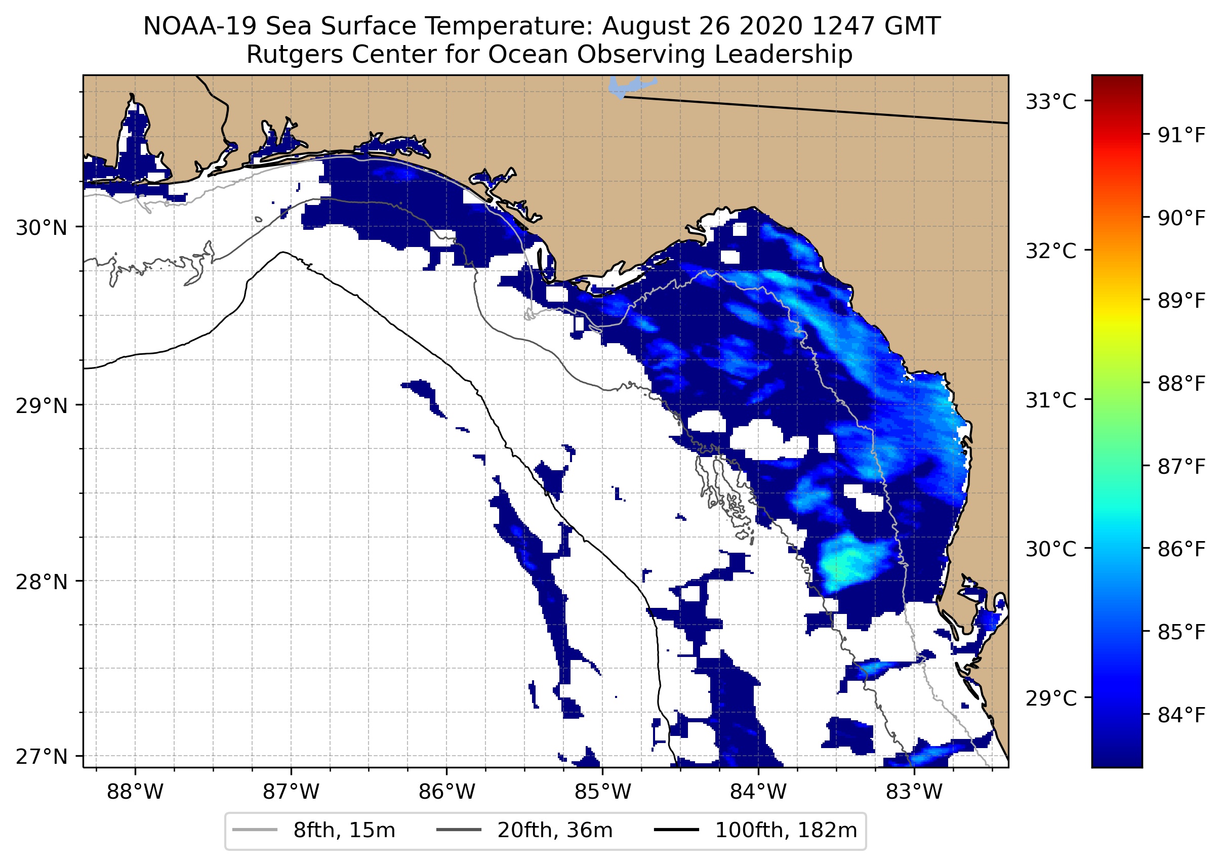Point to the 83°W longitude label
tap(914, 792)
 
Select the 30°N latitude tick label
tap(42, 228)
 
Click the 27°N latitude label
tap(42, 756)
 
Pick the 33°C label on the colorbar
tap(1050, 101)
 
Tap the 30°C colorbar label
tap(1050, 548)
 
